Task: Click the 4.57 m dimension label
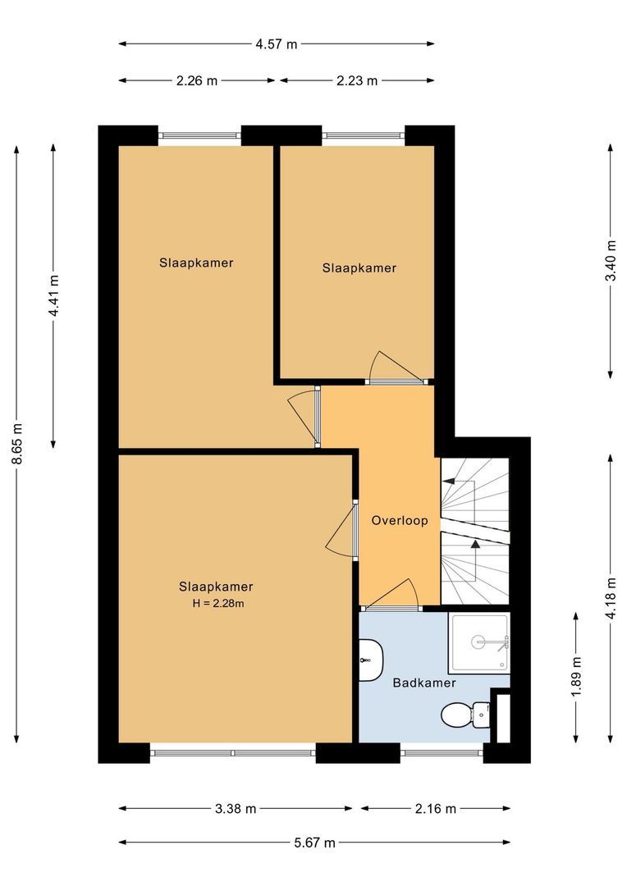[276, 44]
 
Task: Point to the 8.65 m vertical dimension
[17, 445]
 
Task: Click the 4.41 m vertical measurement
[54, 296]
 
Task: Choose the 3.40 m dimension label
[610, 262]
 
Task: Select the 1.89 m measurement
[577, 673]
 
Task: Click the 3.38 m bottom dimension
[236, 809]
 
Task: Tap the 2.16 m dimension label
[435, 809]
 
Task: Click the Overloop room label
[399, 520]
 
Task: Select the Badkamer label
[423, 683]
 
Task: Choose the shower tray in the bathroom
[478, 642]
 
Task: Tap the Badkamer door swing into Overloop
[402, 594]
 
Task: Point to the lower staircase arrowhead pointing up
[474, 542]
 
